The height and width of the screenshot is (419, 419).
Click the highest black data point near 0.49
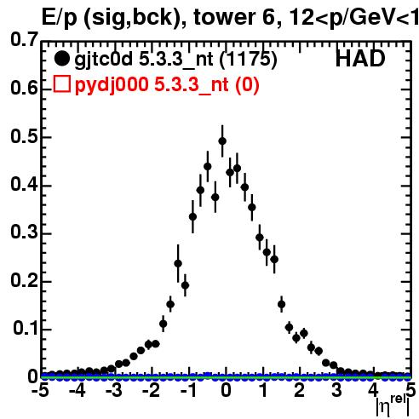pyautogui.click(x=222, y=141)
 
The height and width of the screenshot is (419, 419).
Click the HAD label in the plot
pyautogui.click(x=360, y=59)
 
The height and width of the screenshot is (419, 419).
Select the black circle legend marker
pyautogui.click(x=61, y=59)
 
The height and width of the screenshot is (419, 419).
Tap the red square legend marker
pyautogui.click(x=62, y=84)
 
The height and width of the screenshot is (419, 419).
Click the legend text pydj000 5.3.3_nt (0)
pyautogui.click(x=167, y=84)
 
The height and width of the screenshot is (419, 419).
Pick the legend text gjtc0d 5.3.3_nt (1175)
pyautogui.click(x=175, y=60)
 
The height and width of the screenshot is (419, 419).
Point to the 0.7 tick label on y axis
pyautogui.click(x=24, y=39)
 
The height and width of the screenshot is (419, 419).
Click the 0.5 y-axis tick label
pyautogui.click(x=24, y=137)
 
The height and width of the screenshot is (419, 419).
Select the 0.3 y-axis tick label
pyautogui.click(x=24, y=232)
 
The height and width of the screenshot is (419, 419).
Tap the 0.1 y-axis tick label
pyautogui.click(x=25, y=328)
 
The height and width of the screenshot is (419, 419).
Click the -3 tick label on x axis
pyautogui.click(x=114, y=390)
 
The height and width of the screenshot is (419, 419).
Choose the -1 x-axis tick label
pyautogui.click(x=188, y=390)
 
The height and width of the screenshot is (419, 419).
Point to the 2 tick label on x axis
pyautogui.click(x=299, y=390)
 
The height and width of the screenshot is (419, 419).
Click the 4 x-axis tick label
pyautogui.click(x=373, y=390)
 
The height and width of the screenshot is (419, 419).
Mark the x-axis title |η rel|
pyautogui.click(x=393, y=405)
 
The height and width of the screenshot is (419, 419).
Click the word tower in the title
pyautogui.click(x=225, y=18)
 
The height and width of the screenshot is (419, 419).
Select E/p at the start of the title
pyautogui.click(x=60, y=19)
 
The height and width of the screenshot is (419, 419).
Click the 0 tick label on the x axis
pyautogui.click(x=226, y=390)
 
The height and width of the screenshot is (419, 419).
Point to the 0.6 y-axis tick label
pyautogui.click(x=24, y=88)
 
